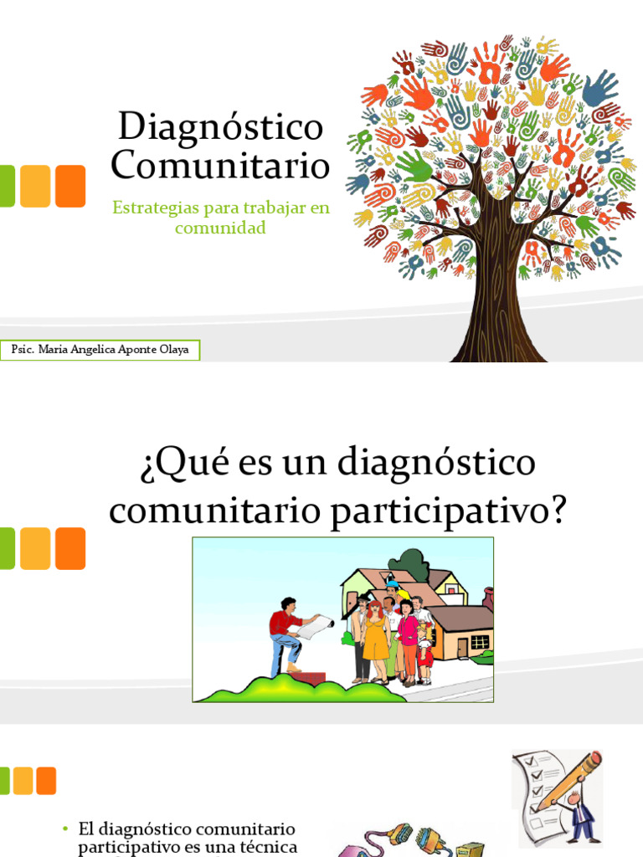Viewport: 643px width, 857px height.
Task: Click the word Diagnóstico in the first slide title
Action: pos(220,127)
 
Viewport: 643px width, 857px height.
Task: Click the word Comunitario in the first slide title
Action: pos(220,165)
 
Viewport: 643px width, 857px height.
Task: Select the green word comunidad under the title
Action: pos(220,227)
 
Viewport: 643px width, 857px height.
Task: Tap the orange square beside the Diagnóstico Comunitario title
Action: pos(70,186)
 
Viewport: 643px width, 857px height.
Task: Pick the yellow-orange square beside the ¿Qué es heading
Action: pos(35,548)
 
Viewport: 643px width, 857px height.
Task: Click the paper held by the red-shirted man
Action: pos(317,626)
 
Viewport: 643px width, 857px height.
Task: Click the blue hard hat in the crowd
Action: pos(392,586)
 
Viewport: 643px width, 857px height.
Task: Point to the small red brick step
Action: pos(311,677)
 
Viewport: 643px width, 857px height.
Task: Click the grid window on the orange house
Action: pos(480,642)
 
